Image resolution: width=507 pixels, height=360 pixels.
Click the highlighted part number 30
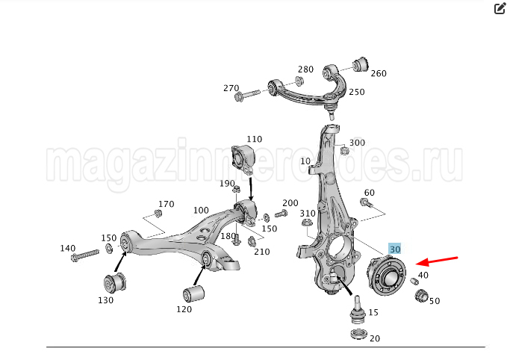click(x=395, y=249)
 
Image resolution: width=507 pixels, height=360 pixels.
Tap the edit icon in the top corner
click(x=500, y=9)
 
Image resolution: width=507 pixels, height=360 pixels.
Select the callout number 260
click(x=378, y=74)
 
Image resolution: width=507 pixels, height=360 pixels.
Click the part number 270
click(x=231, y=88)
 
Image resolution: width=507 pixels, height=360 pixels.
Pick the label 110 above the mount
click(x=255, y=140)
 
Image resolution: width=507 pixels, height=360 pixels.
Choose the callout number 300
click(x=357, y=143)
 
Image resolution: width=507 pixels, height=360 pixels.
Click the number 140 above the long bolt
click(x=68, y=248)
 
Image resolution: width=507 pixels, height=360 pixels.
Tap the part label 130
click(x=105, y=300)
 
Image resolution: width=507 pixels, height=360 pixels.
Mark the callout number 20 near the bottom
click(x=374, y=338)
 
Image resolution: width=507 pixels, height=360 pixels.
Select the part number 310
click(x=308, y=214)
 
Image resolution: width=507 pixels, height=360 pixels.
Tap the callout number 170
click(x=166, y=204)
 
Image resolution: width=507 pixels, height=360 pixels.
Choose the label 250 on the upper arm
click(x=357, y=93)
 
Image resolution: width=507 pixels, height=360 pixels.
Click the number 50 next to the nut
click(x=434, y=301)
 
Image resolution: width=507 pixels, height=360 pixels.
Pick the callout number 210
click(x=261, y=252)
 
